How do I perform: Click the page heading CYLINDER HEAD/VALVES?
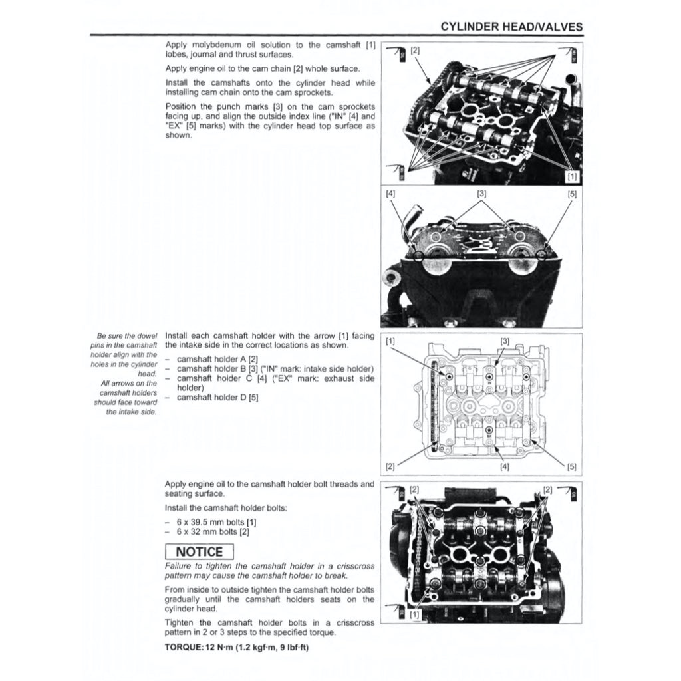coord(511,27)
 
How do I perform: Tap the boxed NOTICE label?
coord(200,551)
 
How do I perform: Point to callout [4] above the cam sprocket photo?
coord(390,194)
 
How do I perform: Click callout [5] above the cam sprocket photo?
coord(572,194)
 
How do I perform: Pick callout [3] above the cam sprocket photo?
coord(481,194)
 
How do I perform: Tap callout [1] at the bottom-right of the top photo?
coord(571,176)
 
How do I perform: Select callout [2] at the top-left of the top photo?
coord(415,50)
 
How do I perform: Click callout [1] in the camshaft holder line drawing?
coord(390,341)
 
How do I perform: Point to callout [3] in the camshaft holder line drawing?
coord(505,341)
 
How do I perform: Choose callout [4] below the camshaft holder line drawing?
coord(505,466)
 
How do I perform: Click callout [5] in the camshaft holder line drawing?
coord(571,466)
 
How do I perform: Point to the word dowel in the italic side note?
coord(146,337)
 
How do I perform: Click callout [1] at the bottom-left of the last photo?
coord(415,615)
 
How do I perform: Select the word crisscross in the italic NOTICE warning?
coord(354,566)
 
